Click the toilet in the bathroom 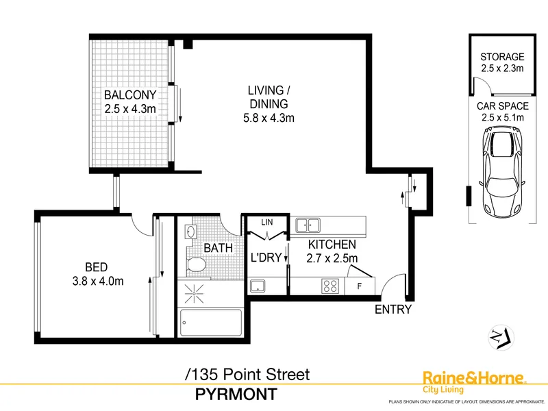pos(195,264)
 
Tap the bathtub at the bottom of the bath pos(211,323)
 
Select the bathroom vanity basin pos(191,232)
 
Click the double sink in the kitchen pos(308,225)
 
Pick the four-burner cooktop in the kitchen pos(330,286)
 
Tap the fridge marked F pos(360,286)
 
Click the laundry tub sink pos(258,286)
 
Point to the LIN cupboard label pos(267,222)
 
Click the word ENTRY pos(393,310)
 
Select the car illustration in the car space pos(502,171)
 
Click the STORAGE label pos(502,57)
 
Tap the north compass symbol pos(501,338)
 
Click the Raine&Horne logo pos(474,382)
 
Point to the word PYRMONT pos(236,395)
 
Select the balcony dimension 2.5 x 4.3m pos(130,109)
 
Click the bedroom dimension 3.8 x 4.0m pos(98,281)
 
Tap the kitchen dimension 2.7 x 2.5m pos(332,258)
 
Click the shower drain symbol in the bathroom pos(194,294)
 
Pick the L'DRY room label pos(266,258)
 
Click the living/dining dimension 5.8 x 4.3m pos(269,118)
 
